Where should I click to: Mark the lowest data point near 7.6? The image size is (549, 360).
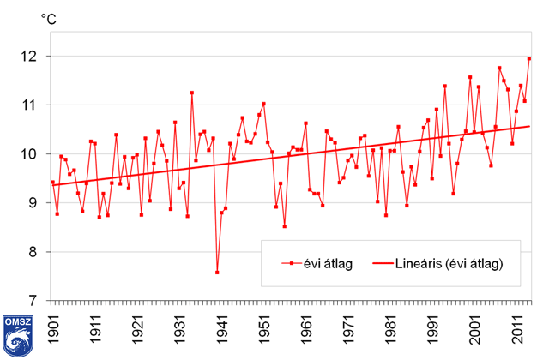217,273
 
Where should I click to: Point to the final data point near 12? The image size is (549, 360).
528,58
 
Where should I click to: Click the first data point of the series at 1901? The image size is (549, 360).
53,183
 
